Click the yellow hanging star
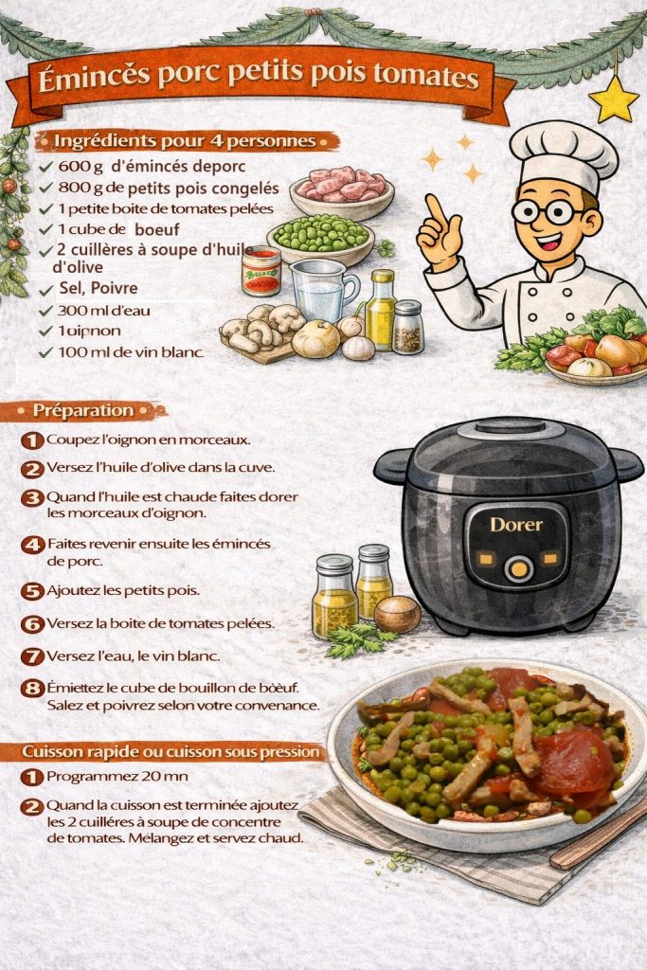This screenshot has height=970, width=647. click(614, 99)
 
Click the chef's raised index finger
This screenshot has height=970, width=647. click(436, 210)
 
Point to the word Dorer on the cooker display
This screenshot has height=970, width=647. click(516, 525)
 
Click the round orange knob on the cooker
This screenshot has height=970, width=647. click(519, 568)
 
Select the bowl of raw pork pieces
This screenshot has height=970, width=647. click(342, 191)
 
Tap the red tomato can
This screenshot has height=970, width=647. click(261, 270)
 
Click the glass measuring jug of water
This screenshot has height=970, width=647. click(322, 290)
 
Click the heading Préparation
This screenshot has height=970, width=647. click(82, 410)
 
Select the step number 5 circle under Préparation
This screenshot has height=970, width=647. click(32, 591)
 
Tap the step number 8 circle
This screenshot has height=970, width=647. click(32, 689)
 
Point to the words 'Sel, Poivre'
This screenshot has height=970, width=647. click(99, 288)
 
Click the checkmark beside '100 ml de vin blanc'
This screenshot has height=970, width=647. click(45, 352)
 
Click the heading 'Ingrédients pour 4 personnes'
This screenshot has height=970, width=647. click(185, 141)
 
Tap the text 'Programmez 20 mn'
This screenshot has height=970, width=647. click(117, 776)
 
